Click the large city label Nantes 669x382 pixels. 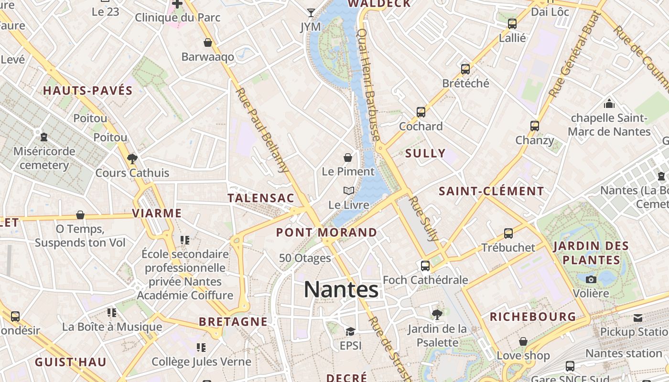(x=342, y=289)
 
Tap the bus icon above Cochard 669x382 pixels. (x=421, y=112)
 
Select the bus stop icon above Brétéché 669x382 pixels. (x=465, y=69)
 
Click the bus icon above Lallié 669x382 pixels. (x=512, y=24)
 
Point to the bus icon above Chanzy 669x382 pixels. (x=535, y=126)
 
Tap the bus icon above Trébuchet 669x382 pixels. (x=508, y=233)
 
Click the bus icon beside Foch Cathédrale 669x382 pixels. (x=425, y=266)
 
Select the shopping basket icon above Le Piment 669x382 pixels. (x=348, y=158)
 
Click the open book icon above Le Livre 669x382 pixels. (x=349, y=191)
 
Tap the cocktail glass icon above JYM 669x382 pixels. (x=311, y=12)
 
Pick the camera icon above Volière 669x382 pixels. (x=591, y=279)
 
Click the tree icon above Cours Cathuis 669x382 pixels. (x=132, y=159)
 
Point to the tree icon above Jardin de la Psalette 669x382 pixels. (x=437, y=314)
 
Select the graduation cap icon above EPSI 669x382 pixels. (x=350, y=331)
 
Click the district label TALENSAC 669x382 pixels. (x=260, y=198)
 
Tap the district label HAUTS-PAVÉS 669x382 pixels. (x=88, y=91)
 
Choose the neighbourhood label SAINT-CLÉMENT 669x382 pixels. (x=491, y=191)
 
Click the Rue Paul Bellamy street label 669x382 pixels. (x=262, y=130)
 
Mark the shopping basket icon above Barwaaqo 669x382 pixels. (x=208, y=43)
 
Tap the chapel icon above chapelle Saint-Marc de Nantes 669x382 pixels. (x=609, y=103)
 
